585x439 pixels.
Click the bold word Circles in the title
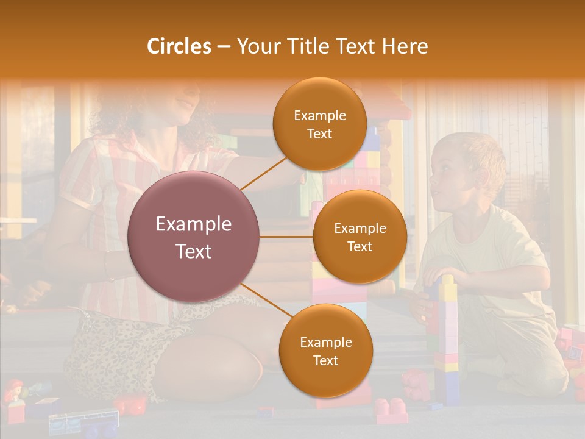pyautogui.click(x=179, y=46)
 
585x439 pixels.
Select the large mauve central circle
pyautogui.click(x=194, y=237)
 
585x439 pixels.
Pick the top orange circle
pyautogui.click(x=319, y=124)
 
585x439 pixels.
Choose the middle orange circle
pyautogui.click(x=360, y=237)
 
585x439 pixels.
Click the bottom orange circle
pyautogui.click(x=325, y=351)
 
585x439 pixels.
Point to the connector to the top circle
pyautogui.click(x=263, y=173)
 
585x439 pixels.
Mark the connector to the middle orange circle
pyautogui.click(x=286, y=237)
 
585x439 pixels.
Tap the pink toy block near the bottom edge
pyautogui.click(x=390, y=409)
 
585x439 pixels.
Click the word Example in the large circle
pyautogui.click(x=194, y=224)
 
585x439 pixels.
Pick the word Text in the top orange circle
pyautogui.click(x=319, y=134)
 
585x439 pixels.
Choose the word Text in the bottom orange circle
pyautogui.click(x=325, y=360)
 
